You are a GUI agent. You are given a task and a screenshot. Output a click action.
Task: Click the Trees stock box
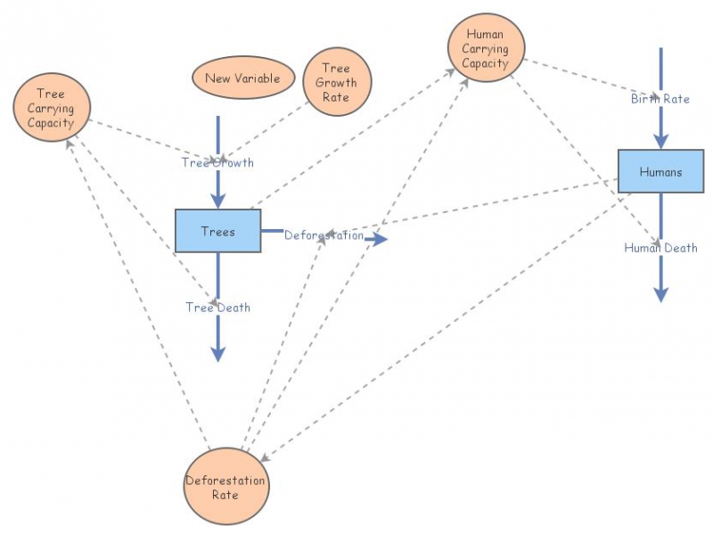pos(217,231)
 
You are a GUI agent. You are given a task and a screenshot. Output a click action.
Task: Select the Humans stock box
pos(660,171)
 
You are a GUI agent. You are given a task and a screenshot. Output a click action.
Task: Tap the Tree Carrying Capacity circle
pos(51,108)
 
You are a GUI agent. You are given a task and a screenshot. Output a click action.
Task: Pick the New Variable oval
pos(242,78)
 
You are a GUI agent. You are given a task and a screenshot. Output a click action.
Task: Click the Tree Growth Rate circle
pos(336,82)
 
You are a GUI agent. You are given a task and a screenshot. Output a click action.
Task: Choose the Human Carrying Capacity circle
pos(486,49)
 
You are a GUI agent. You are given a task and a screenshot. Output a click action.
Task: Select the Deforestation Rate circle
pos(225,487)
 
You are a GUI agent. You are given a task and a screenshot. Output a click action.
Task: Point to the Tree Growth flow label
pos(217,162)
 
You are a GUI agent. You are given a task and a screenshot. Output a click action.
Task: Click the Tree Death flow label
pos(217,307)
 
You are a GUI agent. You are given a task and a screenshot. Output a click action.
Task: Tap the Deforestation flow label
pos(324,235)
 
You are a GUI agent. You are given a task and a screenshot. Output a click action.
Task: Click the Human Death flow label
pos(660,248)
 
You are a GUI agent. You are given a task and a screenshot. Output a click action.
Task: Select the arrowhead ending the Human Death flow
pos(660,294)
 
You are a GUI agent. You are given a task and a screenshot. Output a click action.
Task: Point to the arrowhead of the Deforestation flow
pos(381,239)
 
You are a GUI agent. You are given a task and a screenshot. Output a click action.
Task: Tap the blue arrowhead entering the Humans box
pos(660,142)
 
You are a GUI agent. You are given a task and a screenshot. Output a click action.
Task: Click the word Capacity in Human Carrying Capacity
pos(485,63)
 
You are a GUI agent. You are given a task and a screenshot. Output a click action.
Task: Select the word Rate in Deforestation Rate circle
pos(225,495)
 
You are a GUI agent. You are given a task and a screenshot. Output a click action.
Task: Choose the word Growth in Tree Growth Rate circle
pos(336,83)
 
